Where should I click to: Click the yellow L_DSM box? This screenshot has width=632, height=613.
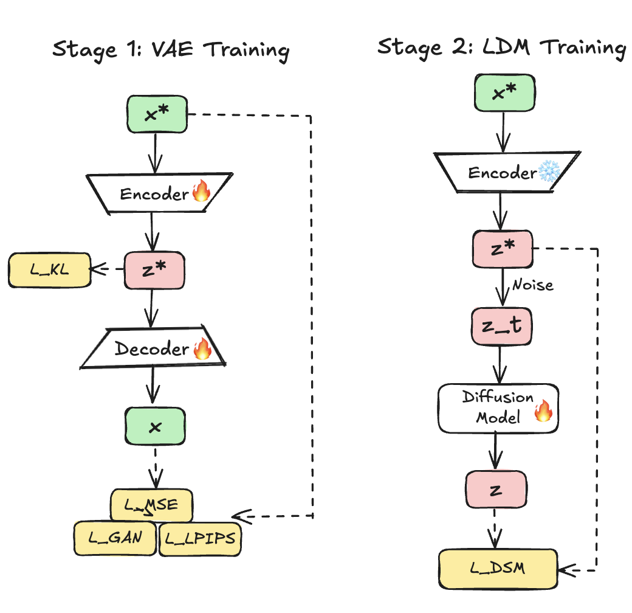(498, 569)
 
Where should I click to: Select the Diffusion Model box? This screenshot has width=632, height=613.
(498, 408)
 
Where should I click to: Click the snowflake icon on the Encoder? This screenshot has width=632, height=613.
(549, 173)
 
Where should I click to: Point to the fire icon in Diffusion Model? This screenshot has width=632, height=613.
(543, 414)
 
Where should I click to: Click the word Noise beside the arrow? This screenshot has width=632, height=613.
(532, 285)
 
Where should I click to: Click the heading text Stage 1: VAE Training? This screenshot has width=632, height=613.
(170, 49)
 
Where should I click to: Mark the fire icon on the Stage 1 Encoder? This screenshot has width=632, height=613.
(201, 193)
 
